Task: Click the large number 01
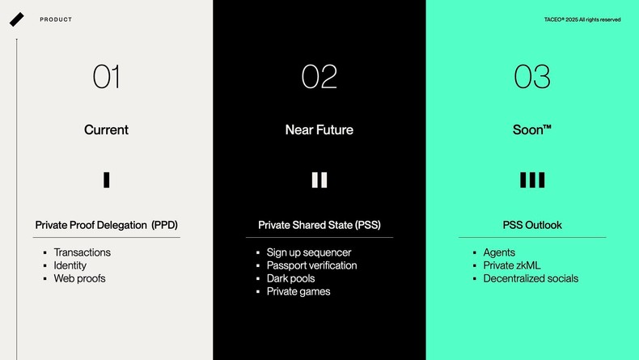[106, 77]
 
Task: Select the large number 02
[319, 77]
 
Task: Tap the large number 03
[532, 77]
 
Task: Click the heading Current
[106, 129]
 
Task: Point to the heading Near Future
[319, 129]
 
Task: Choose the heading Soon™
[532, 129]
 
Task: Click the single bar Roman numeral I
[106, 180]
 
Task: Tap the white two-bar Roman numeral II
[319, 180]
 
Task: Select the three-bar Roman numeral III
[532, 180]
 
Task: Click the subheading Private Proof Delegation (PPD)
[106, 225]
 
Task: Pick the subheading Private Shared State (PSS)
[319, 225]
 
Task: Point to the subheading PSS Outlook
[532, 225]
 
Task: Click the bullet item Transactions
[82, 252]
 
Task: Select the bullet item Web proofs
[79, 278]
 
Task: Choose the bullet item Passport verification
[311, 265]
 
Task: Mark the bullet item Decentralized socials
[531, 278]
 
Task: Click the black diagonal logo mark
[17, 19]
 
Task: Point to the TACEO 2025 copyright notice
[582, 19]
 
